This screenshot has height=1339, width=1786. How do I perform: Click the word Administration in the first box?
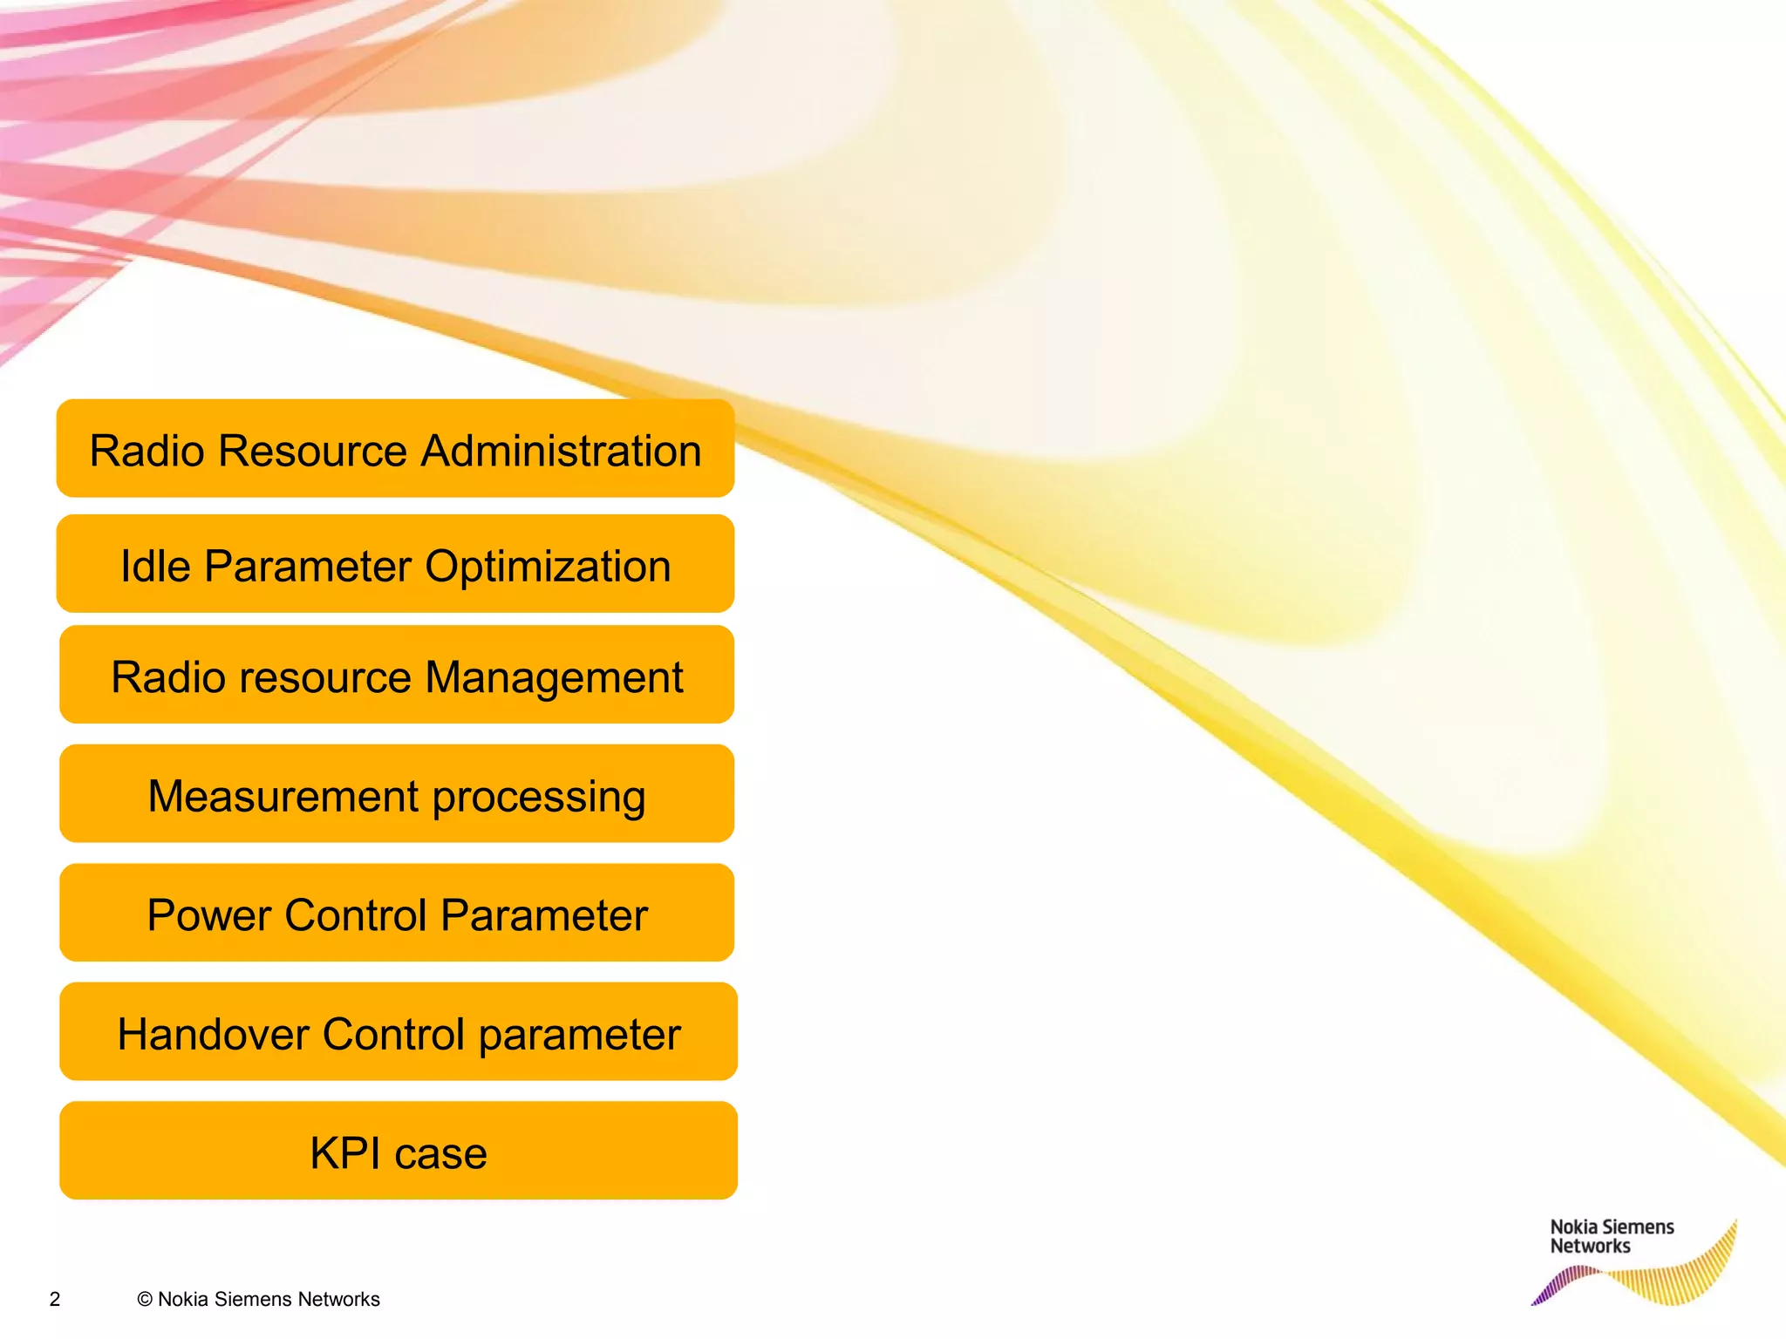[562, 452]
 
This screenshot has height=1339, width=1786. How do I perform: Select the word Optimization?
[548, 568]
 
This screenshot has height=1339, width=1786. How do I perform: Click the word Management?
[554, 678]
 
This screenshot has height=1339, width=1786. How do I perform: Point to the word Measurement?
[283, 797]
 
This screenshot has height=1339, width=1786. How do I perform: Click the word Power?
[209, 916]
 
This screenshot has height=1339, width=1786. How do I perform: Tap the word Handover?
[214, 1035]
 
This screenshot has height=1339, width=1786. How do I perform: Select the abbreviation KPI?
[345, 1154]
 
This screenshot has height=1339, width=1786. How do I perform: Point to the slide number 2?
[55, 1300]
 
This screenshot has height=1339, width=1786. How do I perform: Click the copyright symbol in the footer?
[145, 1300]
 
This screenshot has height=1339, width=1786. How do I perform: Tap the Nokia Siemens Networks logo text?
[1611, 1237]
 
